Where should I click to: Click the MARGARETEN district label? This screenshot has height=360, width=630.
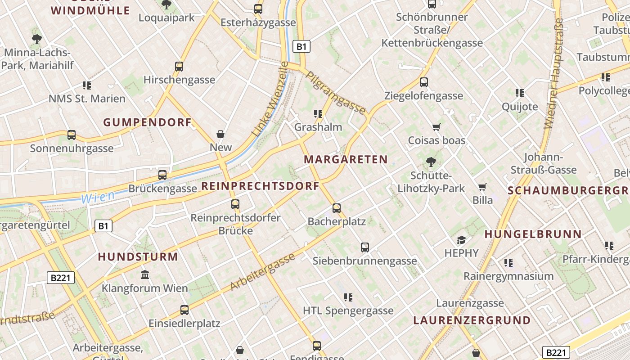click(346, 159)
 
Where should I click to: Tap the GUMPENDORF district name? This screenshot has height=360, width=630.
click(147, 122)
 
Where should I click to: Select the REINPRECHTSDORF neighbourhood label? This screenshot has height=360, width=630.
click(260, 186)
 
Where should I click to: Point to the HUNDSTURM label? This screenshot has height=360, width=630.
click(138, 257)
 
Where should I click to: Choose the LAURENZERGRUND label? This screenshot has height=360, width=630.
click(472, 320)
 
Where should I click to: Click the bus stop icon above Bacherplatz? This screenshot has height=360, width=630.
click(337, 208)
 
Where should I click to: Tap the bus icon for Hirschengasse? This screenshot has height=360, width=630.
click(179, 67)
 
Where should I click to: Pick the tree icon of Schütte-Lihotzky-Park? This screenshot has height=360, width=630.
click(431, 162)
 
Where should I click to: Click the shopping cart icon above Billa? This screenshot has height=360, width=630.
click(482, 187)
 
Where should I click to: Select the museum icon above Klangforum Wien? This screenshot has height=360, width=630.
click(145, 274)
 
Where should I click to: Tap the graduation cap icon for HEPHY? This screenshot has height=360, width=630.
click(461, 240)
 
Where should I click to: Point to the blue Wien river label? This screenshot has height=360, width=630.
click(98, 197)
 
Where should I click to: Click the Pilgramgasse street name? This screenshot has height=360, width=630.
click(336, 92)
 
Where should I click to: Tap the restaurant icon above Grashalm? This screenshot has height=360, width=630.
click(319, 113)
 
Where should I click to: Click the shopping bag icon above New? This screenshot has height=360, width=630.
click(220, 134)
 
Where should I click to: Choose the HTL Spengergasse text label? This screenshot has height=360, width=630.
click(348, 310)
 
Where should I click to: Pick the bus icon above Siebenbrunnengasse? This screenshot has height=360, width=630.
click(364, 247)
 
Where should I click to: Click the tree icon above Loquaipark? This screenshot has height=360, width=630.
click(166, 5)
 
